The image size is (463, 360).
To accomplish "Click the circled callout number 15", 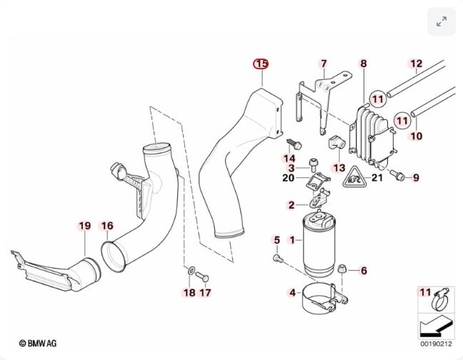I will (262, 64).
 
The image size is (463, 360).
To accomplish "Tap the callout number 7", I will (323, 64).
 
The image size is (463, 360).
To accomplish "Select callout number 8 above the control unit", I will (363, 64).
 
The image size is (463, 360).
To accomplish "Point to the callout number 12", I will (417, 64).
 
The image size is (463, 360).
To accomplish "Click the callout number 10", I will (417, 135).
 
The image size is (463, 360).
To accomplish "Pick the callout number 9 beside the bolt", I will (417, 177).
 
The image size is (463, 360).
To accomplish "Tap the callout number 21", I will (377, 177).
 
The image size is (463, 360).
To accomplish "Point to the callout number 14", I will (289, 159).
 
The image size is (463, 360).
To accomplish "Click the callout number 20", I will (289, 178).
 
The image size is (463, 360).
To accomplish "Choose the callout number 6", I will (363, 270).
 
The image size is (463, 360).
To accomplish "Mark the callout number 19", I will (84, 226).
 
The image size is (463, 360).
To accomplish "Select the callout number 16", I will (106, 226).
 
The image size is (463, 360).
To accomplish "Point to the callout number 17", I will (205, 293).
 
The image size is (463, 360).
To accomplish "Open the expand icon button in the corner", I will (441, 21).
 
